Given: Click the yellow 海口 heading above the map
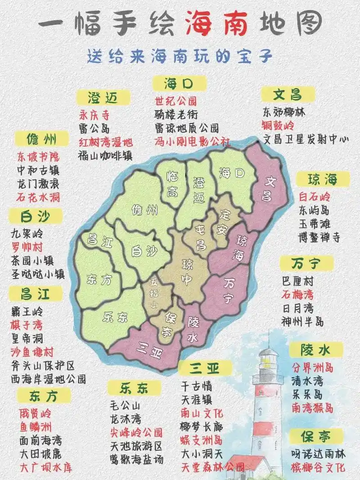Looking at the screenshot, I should [x=179, y=83].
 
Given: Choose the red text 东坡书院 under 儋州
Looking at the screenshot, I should [x=38, y=157].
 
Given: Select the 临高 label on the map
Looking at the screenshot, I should [x=171, y=183].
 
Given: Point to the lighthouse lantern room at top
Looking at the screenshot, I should [x=268, y=358].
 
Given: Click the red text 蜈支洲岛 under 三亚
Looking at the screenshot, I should [x=201, y=439].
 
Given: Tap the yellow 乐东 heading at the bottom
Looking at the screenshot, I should [x=134, y=387].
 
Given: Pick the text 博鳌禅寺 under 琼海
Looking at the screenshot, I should [x=319, y=237].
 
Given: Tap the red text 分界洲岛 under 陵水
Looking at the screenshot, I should [x=312, y=367].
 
